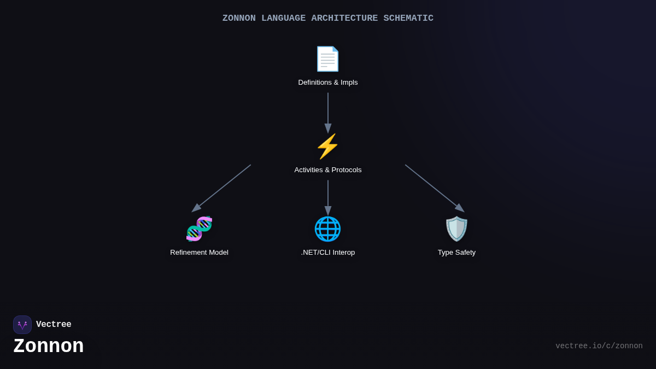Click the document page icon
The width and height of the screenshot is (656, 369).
tap(327, 59)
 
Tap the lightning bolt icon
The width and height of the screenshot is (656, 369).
tap(327, 147)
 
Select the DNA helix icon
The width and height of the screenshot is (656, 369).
tap(199, 229)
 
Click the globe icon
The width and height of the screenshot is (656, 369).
tap(327, 229)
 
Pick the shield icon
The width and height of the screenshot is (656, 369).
tap(456, 229)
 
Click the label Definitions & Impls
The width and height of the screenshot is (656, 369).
tap(328, 83)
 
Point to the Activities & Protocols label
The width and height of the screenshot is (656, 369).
tap(328, 170)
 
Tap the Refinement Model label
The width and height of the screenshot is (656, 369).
tap(199, 253)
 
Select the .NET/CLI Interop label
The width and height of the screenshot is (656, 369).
tap(328, 253)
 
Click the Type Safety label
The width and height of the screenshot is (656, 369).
tap(456, 253)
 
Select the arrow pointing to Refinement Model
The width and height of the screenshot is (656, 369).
tap(221, 188)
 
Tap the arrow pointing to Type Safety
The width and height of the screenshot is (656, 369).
tap(435, 188)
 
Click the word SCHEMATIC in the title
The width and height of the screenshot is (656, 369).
tap(408, 19)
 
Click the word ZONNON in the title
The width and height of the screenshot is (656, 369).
tap(239, 19)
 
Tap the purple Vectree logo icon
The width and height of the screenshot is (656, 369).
tap(22, 325)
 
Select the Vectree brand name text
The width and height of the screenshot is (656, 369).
tap(54, 325)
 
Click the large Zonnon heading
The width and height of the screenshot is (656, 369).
tap(49, 346)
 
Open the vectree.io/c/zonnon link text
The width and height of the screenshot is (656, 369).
tap(599, 346)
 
